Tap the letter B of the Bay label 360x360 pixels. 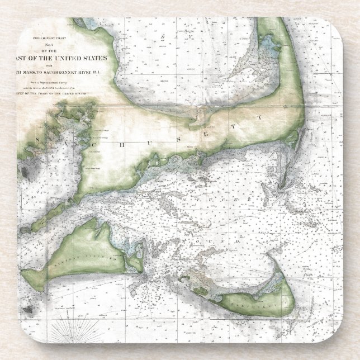162,37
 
